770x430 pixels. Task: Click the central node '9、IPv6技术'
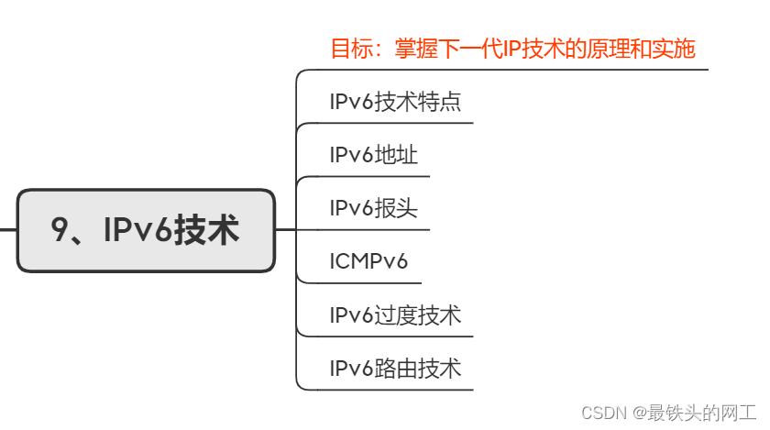(146, 230)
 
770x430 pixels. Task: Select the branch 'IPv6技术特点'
(395, 102)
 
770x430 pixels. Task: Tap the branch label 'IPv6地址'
(373, 155)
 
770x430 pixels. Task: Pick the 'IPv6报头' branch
(373, 208)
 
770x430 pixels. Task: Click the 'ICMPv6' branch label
(368, 262)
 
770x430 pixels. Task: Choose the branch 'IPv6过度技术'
(395, 315)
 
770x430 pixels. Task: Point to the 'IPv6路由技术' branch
(395, 369)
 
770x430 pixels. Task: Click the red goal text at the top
(512, 49)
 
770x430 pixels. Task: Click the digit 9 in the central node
(61, 230)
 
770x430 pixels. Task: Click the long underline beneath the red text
(513, 69)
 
